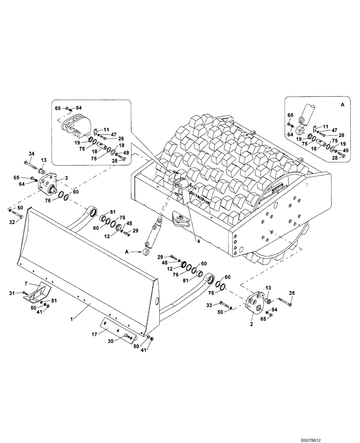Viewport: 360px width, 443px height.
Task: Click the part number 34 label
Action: pos(31,154)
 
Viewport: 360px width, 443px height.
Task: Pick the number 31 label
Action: pos(12,292)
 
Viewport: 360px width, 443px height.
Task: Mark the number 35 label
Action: pos(291,293)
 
